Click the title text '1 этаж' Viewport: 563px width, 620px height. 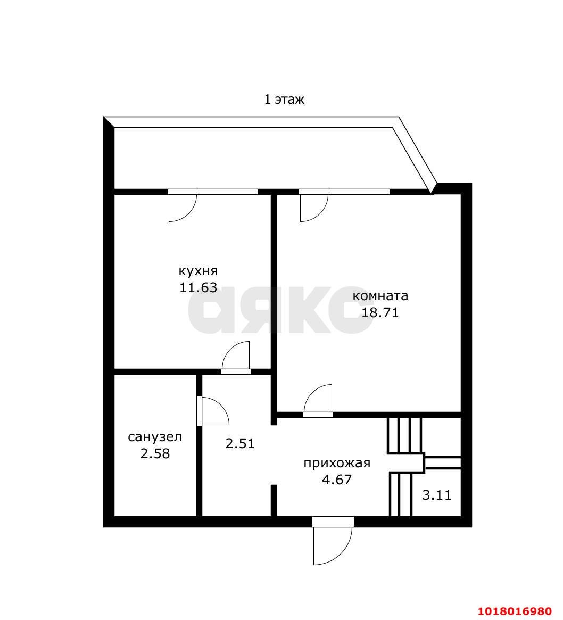284,99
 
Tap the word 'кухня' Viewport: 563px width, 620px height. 198,271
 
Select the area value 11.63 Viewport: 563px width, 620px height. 198,287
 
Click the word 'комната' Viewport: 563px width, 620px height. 380,296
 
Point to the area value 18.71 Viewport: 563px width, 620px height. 380,313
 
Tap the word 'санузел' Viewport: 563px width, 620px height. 155,437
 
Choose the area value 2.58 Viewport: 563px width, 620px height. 155,453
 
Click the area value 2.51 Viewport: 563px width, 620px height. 240,443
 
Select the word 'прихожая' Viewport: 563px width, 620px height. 337,463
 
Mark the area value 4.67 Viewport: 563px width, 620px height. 337,480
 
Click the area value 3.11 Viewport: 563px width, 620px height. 436,495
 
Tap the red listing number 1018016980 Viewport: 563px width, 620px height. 515,611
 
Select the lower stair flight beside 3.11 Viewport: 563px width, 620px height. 401,494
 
